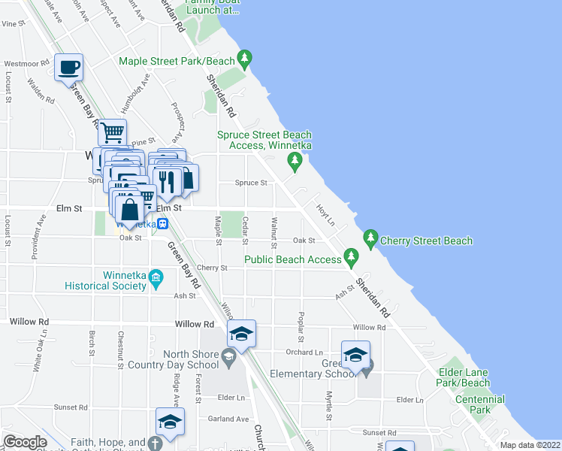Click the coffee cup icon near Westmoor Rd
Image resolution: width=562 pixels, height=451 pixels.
click(x=69, y=67)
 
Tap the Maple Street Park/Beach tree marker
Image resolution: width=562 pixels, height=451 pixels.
click(x=243, y=58)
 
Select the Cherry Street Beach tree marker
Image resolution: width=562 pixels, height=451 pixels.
click(x=370, y=239)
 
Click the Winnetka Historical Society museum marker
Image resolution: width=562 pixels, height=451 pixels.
click(x=156, y=278)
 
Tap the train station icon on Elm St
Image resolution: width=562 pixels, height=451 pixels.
click(x=162, y=223)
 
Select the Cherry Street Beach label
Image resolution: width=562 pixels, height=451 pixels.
click(x=426, y=241)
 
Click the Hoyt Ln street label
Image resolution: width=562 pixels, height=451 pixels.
click(x=325, y=211)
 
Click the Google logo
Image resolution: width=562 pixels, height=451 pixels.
click(x=25, y=442)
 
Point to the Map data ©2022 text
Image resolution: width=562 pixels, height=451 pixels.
click(x=530, y=445)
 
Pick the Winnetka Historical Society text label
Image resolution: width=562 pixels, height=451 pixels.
click(x=105, y=280)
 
